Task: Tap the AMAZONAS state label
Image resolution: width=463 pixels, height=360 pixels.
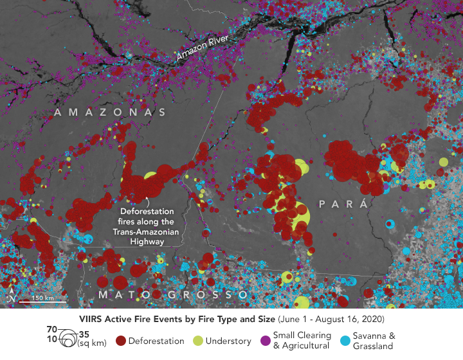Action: click(111, 113)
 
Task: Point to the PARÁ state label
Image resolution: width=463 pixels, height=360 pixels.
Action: click(346, 204)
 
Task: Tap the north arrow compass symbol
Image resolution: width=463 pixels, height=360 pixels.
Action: click(11, 296)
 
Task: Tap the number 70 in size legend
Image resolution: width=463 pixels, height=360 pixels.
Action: click(51, 330)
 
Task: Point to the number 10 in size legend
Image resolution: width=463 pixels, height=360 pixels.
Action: click(51, 338)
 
